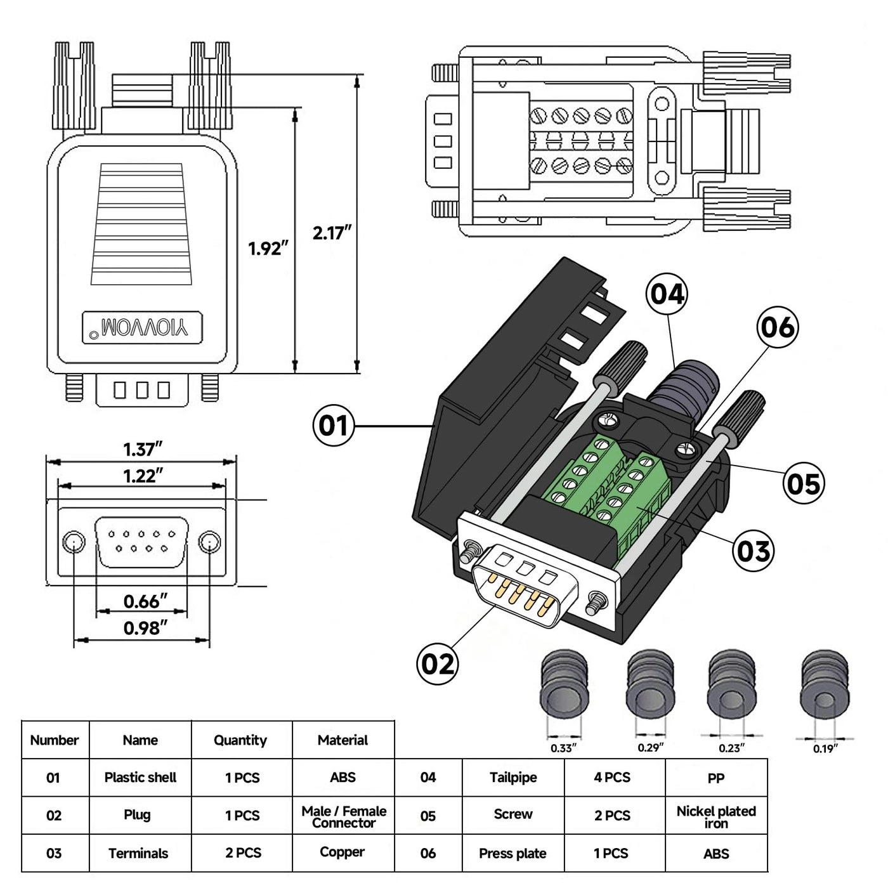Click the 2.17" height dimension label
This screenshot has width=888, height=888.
[x=331, y=233]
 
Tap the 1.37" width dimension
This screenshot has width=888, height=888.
[x=143, y=449]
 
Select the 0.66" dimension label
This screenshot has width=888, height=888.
[x=145, y=601]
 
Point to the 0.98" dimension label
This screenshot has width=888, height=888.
[x=145, y=628]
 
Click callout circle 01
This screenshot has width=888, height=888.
[x=333, y=425]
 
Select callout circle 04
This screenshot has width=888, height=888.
[x=667, y=294]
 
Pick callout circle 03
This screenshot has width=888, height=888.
[x=753, y=551]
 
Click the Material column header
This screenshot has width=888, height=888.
[x=343, y=740]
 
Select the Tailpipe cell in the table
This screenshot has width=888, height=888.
[x=513, y=777]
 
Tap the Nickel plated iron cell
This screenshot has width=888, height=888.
[x=716, y=816]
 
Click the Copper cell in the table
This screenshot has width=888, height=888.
[x=343, y=852]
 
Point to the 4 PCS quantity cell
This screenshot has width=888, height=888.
[x=612, y=777]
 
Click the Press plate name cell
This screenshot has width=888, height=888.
[x=513, y=854]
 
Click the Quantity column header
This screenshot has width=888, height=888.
[x=240, y=740]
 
